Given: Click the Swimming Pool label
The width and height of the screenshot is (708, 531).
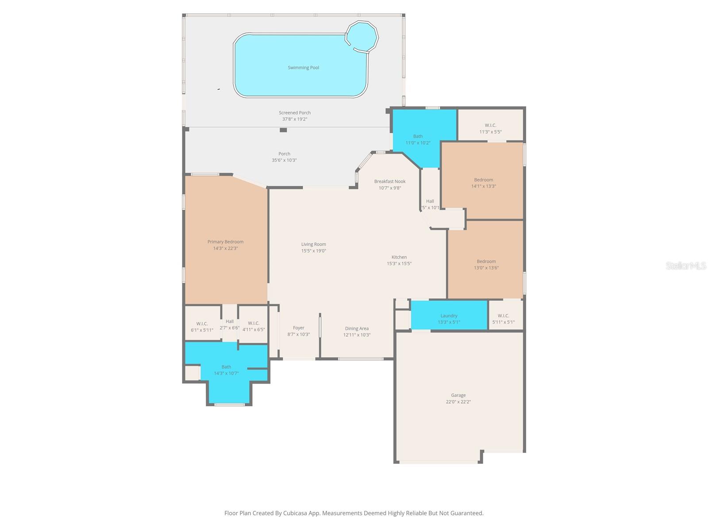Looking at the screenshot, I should [303, 68].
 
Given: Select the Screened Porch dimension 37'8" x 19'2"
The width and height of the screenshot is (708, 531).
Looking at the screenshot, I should [295, 119].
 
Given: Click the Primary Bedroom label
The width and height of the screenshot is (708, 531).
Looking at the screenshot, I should [225, 242].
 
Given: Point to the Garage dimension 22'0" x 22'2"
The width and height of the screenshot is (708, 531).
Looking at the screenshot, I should [458, 402].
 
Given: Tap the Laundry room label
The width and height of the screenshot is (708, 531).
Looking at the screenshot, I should [449, 316].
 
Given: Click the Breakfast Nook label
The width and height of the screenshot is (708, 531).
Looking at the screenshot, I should [389, 181].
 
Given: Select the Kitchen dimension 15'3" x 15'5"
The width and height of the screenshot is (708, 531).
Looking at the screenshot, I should [399, 263].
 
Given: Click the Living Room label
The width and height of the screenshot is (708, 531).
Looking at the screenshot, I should [313, 244].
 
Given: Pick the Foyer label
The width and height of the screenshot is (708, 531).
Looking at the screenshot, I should [298, 328].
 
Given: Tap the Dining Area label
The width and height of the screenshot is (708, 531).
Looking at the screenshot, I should [357, 328].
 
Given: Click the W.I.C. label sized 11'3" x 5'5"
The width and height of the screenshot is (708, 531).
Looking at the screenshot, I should [490, 125].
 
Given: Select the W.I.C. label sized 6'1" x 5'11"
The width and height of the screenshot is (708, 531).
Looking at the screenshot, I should [202, 323].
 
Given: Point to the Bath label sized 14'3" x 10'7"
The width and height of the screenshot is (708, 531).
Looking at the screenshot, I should [226, 367].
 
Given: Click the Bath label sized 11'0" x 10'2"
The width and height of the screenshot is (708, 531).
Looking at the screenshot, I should [418, 136].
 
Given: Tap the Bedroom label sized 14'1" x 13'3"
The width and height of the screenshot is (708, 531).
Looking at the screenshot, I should [483, 180].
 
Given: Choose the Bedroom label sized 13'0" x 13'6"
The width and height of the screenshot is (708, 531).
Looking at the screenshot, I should [486, 261].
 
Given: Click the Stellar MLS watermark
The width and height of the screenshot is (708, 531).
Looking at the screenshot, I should [686, 265].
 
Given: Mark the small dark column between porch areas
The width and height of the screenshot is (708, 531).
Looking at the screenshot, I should [283, 130].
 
